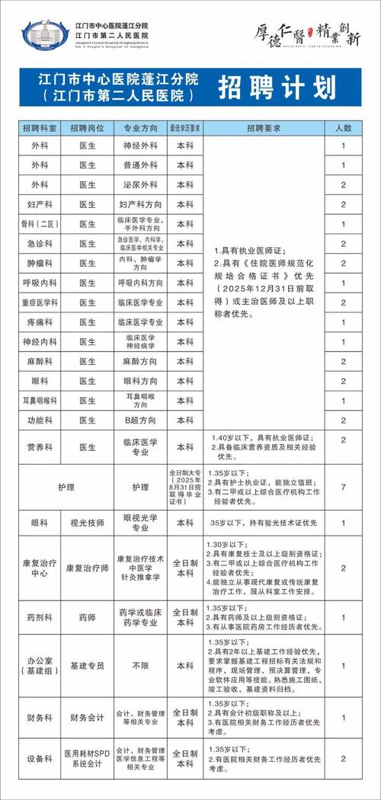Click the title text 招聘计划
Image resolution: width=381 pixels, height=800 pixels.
coord(277,88)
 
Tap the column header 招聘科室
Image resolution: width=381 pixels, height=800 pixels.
coord(39,126)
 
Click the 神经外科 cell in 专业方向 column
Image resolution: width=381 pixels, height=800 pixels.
coord(140,145)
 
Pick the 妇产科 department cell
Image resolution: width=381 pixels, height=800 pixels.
coord(39,204)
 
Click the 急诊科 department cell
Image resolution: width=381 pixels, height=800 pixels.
coord(39,243)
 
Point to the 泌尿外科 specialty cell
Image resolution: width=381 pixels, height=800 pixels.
coord(140,184)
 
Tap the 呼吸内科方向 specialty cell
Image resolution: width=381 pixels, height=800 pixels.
coord(140,283)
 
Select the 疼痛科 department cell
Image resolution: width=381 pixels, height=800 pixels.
coord(39,322)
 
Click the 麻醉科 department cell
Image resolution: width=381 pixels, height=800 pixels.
coord(39,361)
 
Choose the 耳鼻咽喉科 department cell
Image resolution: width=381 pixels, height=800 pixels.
coord(39,400)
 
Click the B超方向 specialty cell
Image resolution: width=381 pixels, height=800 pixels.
coord(140,420)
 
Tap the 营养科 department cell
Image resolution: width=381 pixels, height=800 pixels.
coord(39,440)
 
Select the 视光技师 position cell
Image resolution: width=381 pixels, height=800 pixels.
coord(88,523)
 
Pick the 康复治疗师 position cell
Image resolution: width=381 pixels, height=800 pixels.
coord(88,568)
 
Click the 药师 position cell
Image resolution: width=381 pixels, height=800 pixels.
coord(88,618)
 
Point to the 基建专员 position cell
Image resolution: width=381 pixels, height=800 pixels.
coord(88,665)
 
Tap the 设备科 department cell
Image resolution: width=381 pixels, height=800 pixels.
coord(39,759)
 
